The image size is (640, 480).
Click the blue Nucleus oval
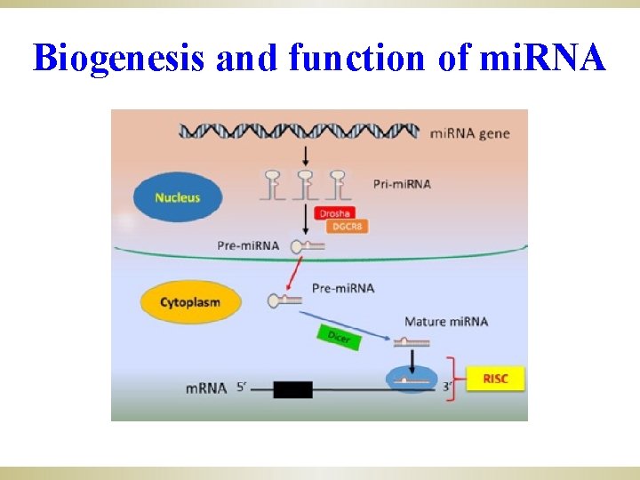[x=177, y=197]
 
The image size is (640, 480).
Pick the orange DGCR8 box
[x=347, y=227]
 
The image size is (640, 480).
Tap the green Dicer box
[x=339, y=337]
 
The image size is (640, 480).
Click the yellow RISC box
[x=495, y=379]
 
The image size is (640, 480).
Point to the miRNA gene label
[x=470, y=133]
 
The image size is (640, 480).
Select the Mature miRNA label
[x=446, y=321]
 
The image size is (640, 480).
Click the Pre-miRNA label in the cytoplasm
[x=343, y=288]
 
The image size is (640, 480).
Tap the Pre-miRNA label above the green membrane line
[x=248, y=244]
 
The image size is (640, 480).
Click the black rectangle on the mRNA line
[x=292, y=388]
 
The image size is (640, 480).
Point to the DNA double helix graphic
[x=299, y=132]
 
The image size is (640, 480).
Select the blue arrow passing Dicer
[x=347, y=325]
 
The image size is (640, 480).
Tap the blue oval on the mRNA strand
[x=411, y=380]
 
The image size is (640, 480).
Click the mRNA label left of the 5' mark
[x=206, y=388]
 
